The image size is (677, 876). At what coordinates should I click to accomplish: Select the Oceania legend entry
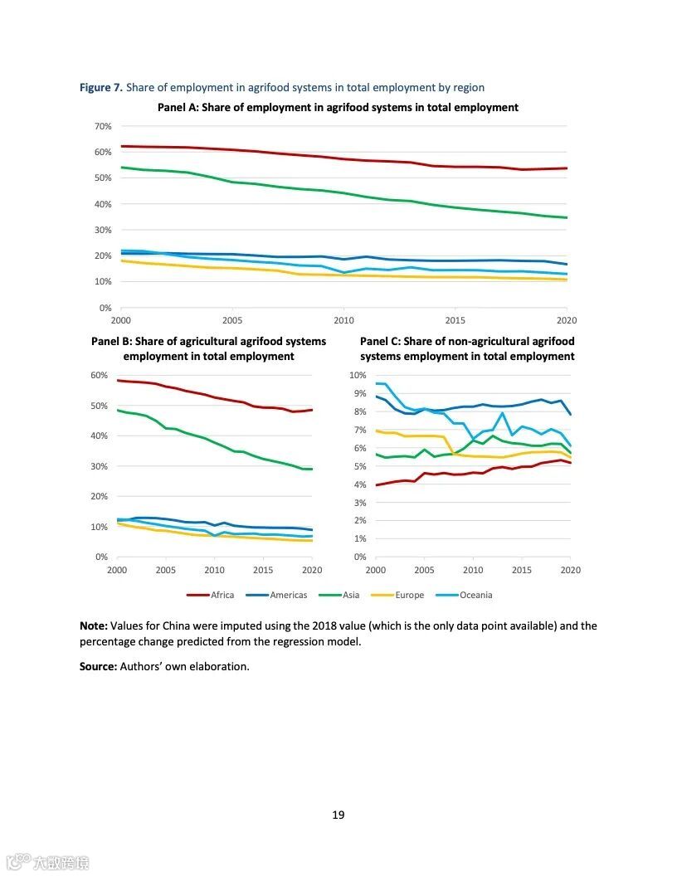(x=475, y=595)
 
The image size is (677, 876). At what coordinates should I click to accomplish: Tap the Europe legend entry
(x=409, y=595)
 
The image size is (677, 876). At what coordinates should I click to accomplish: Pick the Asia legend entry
(x=350, y=595)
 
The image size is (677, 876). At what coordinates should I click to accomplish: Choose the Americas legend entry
(x=288, y=595)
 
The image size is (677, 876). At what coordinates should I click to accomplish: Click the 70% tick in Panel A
(x=104, y=126)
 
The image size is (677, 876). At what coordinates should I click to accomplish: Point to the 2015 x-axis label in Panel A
(x=455, y=320)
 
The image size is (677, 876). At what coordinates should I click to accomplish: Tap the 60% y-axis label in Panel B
(x=100, y=375)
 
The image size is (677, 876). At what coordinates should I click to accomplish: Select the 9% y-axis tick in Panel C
(x=358, y=393)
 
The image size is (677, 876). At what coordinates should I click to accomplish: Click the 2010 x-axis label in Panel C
(x=473, y=570)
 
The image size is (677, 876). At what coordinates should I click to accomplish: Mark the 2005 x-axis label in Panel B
(x=166, y=570)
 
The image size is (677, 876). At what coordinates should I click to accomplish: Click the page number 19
(x=338, y=815)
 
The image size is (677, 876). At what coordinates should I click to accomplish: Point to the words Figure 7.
(x=101, y=87)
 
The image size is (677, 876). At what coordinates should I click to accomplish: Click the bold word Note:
(x=93, y=625)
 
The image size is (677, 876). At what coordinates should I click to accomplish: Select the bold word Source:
(x=98, y=666)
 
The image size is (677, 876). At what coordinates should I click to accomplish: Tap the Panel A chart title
(x=338, y=107)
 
